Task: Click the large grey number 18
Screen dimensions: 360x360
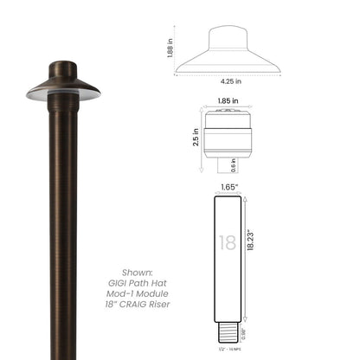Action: (227, 243)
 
